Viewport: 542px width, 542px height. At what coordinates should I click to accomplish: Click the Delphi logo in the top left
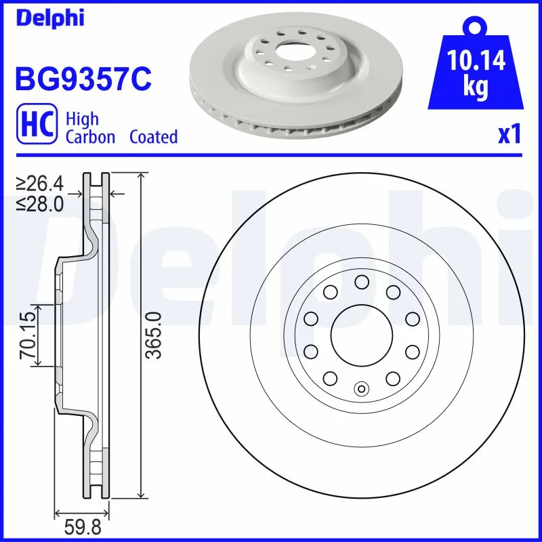click(x=50, y=18)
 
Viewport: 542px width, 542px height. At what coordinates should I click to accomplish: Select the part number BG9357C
click(x=82, y=80)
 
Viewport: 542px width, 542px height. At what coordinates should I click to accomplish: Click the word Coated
click(x=153, y=137)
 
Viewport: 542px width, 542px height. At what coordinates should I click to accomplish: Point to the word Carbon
click(x=90, y=137)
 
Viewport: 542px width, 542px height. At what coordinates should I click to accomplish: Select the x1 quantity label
click(x=508, y=135)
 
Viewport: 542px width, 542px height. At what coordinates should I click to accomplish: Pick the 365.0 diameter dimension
click(x=154, y=335)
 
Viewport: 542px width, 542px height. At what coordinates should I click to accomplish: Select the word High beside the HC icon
click(x=82, y=119)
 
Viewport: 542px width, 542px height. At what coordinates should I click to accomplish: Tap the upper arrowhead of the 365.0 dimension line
click(x=141, y=178)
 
